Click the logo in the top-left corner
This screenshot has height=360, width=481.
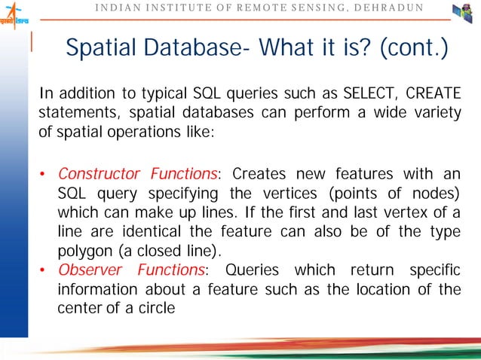click(x=14, y=14)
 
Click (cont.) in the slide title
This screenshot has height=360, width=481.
click(x=415, y=48)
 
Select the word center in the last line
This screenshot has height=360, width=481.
click(x=81, y=308)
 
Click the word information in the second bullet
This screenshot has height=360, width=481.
click(x=99, y=289)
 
